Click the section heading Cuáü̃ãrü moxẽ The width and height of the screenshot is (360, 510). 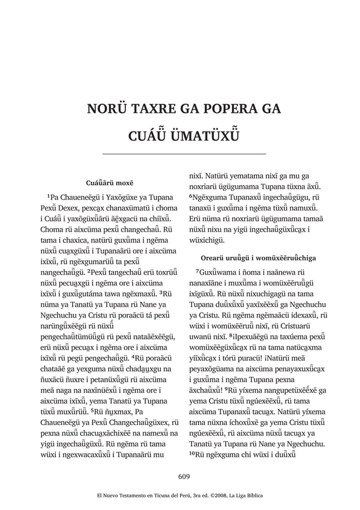click(x=109, y=183)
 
